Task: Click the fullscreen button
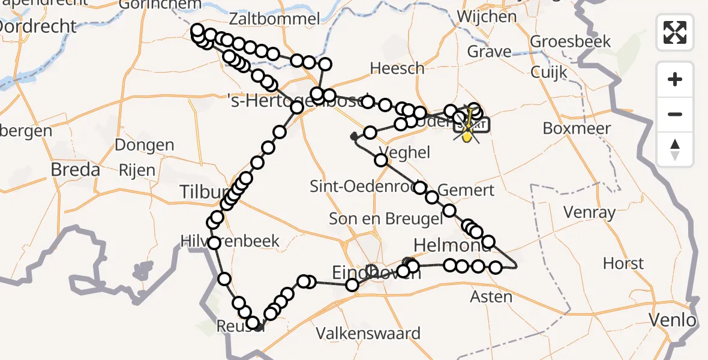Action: click(x=675, y=32)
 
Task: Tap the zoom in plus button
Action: click(x=675, y=79)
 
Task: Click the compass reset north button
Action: click(x=675, y=149)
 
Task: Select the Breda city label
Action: click(x=75, y=170)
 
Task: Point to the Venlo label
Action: click(x=676, y=320)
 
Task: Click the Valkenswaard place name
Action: click(x=368, y=334)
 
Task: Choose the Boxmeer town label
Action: click(x=577, y=128)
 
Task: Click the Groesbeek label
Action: click(x=571, y=41)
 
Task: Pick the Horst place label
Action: click(x=623, y=263)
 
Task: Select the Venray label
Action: click(x=590, y=212)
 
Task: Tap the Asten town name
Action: click(x=491, y=296)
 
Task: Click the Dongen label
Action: click(x=144, y=145)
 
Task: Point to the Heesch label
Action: click(x=397, y=68)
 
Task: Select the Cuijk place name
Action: click(x=549, y=73)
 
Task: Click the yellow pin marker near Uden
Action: click(x=467, y=137)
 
